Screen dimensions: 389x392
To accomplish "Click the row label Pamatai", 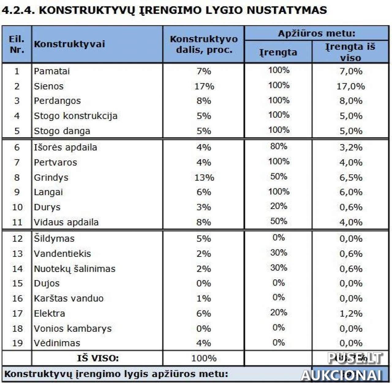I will pos(52,71).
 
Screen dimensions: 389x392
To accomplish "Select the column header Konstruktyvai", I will pos(69,44).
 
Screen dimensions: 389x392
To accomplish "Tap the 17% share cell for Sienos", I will pos(204,86).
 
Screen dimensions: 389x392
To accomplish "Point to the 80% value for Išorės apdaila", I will pos(278,146).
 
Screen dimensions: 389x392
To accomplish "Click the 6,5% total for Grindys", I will pos(351,177).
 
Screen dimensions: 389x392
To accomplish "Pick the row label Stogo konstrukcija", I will pos(76,116).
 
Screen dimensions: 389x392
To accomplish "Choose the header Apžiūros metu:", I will pos(316,33).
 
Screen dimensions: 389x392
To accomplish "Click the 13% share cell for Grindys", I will pos(204,177).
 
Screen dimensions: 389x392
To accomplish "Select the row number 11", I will pos(17,222).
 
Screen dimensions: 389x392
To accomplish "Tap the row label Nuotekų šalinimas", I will pos(75,269).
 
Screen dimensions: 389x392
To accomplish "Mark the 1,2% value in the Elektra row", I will pos(351,314).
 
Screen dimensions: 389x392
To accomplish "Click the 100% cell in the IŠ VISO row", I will pos(204,358).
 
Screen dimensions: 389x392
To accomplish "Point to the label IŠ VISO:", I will pos(98,358).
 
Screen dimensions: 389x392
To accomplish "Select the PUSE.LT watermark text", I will pos(355,358).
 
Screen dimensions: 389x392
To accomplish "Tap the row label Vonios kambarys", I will pos(73,329).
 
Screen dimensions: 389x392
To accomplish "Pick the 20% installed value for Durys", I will pos(278,206).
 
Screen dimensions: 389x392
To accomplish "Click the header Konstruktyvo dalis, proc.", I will pos(204,44).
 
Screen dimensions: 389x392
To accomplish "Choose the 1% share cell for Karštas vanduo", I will pos(204,298).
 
